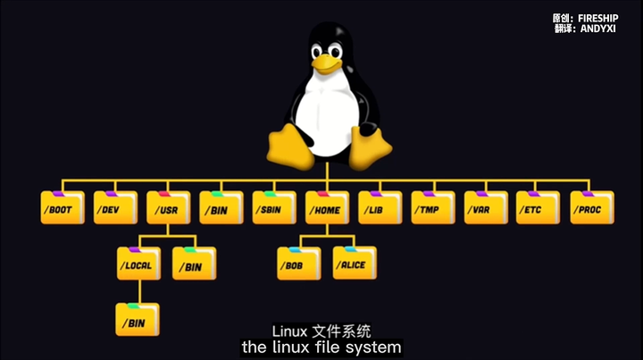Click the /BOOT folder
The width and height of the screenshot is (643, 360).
click(x=63, y=208)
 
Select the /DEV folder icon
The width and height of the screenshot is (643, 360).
click(x=115, y=208)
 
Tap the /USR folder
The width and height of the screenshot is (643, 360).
click(x=168, y=208)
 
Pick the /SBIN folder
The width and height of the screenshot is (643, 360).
click(x=274, y=208)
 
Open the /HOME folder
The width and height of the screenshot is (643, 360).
click(x=327, y=208)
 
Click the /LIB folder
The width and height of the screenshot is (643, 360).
click(x=380, y=208)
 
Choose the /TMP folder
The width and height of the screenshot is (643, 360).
click(x=433, y=208)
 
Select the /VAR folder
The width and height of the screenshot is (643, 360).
click(x=486, y=208)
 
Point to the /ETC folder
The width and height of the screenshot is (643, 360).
click(x=539, y=208)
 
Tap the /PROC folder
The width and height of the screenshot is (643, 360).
click(x=592, y=208)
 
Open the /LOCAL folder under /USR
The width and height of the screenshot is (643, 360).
click(x=139, y=264)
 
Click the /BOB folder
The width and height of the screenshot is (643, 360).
click(x=298, y=264)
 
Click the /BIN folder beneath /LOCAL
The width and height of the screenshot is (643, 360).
click(x=137, y=319)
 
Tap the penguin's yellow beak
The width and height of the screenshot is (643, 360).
click(x=326, y=63)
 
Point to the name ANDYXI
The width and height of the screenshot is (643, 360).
click(x=605, y=29)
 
